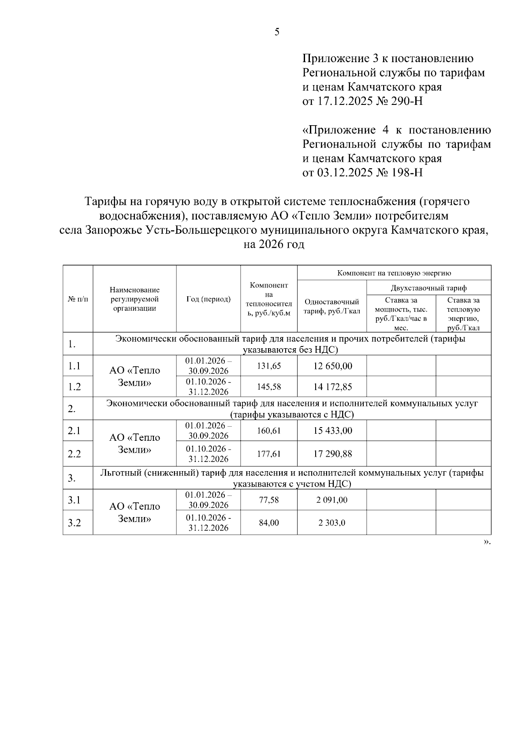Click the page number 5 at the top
277,32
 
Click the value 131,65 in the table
269,366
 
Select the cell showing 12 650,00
332,366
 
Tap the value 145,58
269,387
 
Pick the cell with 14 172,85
332,387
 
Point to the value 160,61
269,431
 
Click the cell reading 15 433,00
332,431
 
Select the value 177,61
269,454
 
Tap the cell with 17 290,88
332,454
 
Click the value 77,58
269,500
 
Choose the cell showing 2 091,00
332,500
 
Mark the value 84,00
269,523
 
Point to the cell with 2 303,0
332,523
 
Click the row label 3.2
74,523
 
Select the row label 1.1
74,366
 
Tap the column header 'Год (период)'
208,299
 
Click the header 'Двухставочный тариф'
428,288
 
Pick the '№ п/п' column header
78,299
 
